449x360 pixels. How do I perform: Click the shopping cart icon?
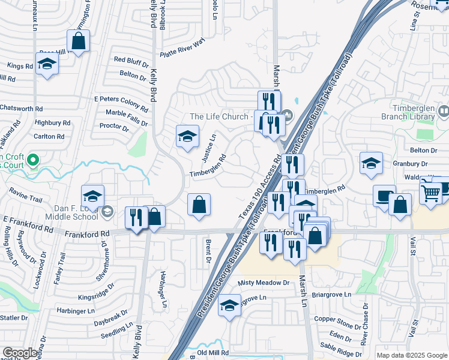pyautogui.click(x=430, y=193)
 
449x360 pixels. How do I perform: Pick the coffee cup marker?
pyautogui.click(x=384, y=196)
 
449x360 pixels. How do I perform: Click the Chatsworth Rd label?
pyautogui.click(x=22, y=109)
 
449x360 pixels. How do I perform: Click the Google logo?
pyautogui.click(x=20, y=353)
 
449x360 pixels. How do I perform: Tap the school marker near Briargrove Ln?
pyautogui.click(x=229, y=305)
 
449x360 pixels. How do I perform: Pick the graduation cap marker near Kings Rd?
pyautogui.click(x=47, y=64)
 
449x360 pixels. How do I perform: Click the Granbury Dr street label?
pyautogui.click(x=411, y=163)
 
